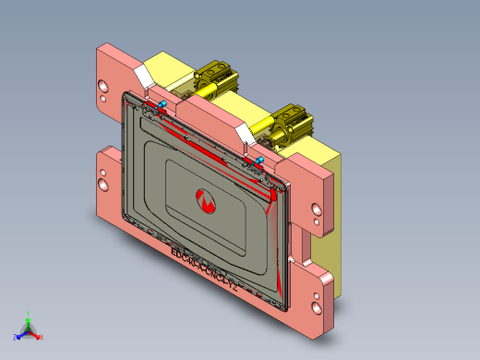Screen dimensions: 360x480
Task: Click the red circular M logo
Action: [x=207, y=198]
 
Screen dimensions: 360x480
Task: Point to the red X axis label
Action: [x=41, y=337]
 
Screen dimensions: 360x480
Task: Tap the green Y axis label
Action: [x=29, y=313]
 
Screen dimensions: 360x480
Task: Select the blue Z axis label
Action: [x=15, y=337]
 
